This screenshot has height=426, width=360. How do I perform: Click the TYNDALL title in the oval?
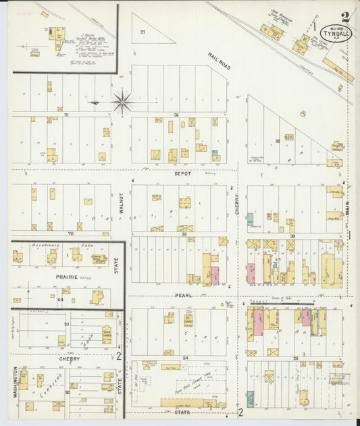pyautogui.click(x=336, y=33)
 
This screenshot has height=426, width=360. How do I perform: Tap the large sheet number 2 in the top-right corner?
pyautogui.click(x=345, y=16)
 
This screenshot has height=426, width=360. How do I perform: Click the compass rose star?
pyautogui.click(x=122, y=103)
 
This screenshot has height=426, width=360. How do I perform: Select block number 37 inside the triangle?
pyautogui.click(x=143, y=32)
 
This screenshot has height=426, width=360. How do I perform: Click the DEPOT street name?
pyautogui.click(x=182, y=174)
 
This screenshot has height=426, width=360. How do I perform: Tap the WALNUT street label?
pyautogui.click(x=122, y=203)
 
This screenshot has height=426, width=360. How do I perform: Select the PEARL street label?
pyautogui.click(x=184, y=295)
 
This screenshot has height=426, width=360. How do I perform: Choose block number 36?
pyautogui.click(x=176, y=114)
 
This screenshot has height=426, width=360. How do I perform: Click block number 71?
pyautogui.click(x=67, y=115)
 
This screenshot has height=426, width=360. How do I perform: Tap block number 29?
pyautogui.click(x=295, y=358)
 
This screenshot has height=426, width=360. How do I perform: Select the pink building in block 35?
pyautogui.click(x=215, y=275)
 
